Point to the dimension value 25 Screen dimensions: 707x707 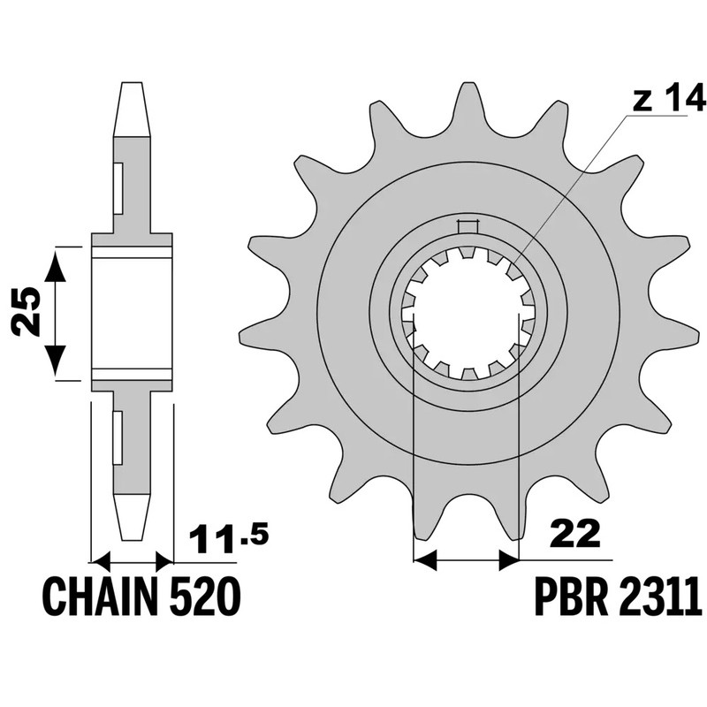27,313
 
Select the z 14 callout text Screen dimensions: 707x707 657,101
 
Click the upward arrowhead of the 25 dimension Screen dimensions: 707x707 56,262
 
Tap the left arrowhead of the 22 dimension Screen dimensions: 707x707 425,559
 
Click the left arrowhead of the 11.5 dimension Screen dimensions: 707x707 103,559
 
